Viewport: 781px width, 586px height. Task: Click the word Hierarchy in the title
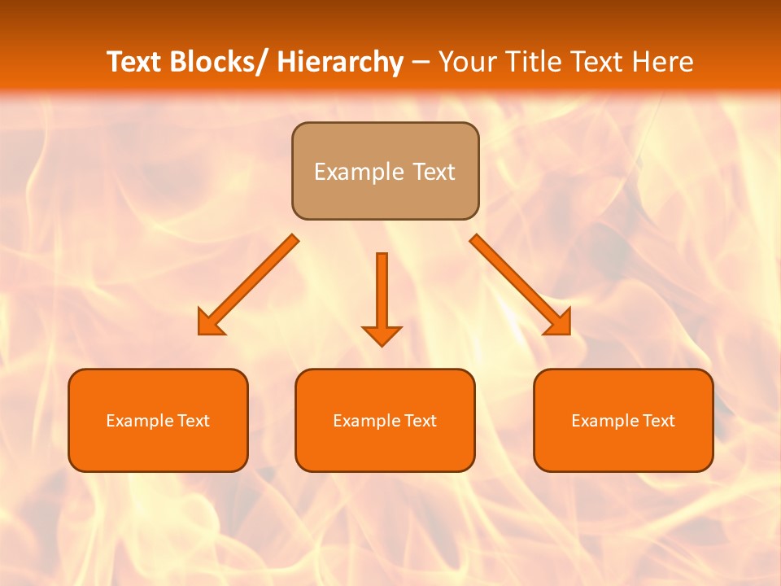click(x=340, y=62)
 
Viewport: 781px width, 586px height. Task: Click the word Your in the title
click(x=468, y=62)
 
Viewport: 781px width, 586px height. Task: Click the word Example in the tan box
click(x=359, y=172)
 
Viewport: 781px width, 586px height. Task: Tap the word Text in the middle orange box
click(x=421, y=421)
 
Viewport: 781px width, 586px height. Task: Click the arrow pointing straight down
click(x=382, y=293)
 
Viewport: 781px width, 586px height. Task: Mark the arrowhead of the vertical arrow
click(x=382, y=335)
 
